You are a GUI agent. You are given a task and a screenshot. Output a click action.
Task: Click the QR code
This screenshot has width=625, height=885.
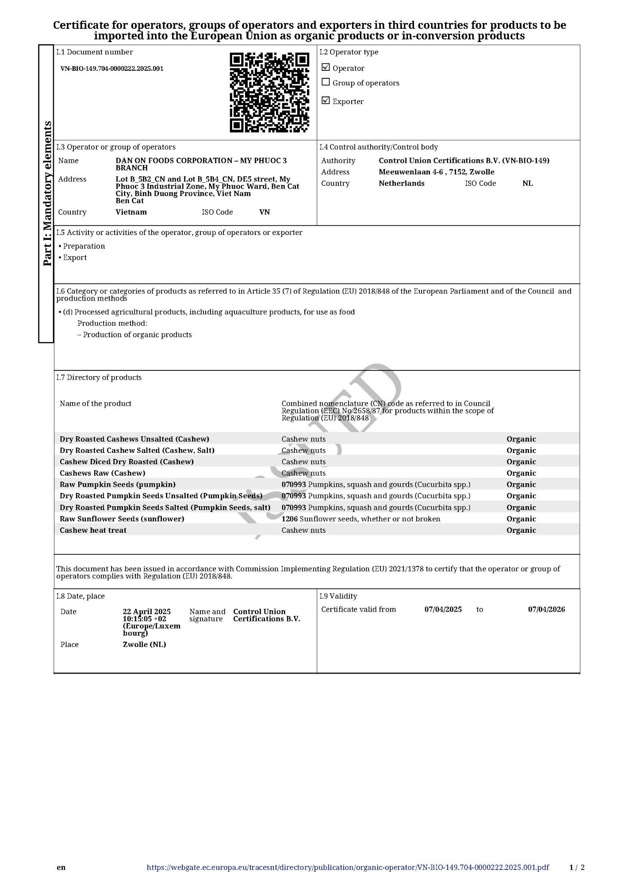(x=269, y=92)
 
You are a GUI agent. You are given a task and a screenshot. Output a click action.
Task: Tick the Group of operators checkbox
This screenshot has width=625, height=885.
(x=326, y=82)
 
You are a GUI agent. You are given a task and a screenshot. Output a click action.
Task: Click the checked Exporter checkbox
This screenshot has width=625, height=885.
(x=326, y=101)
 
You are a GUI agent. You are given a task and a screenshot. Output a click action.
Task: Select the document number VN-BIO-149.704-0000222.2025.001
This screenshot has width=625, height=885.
(x=112, y=69)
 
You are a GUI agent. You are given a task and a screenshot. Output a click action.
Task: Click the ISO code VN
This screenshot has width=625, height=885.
(x=265, y=212)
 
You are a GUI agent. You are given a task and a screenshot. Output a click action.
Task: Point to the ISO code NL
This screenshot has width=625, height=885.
(x=527, y=183)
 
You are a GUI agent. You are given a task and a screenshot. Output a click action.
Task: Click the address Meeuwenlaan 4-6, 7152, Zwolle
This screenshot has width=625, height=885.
(x=436, y=172)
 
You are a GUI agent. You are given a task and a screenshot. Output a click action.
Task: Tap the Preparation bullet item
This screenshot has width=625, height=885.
(x=84, y=246)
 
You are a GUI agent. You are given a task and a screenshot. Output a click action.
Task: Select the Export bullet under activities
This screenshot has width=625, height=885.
(x=75, y=258)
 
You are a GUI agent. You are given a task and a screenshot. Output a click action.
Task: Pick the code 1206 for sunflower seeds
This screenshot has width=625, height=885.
(x=289, y=519)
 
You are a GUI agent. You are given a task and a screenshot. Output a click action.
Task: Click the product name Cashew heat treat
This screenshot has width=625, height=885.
(x=93, y=530)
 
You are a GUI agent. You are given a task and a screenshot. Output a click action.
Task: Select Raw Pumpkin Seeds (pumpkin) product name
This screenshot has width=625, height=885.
(x=118, y=485)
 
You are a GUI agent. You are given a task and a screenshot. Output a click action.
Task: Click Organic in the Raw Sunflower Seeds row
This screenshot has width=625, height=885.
(x=521, y=519)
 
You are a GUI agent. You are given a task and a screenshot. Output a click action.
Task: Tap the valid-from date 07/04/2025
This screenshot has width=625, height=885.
(x=443, y=609)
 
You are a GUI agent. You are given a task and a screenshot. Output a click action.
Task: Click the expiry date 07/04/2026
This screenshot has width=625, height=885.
(x=546, y=609)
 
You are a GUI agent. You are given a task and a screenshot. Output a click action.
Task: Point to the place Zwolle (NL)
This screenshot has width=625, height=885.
(x=144, y=644)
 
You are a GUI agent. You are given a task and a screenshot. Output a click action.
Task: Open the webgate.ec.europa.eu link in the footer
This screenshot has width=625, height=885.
(x=348, y=867)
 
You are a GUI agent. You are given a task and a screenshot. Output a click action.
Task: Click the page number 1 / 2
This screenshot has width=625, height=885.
(x=577, y=867)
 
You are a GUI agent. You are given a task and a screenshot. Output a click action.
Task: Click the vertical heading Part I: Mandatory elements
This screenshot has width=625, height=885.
(x=47, y=193)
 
